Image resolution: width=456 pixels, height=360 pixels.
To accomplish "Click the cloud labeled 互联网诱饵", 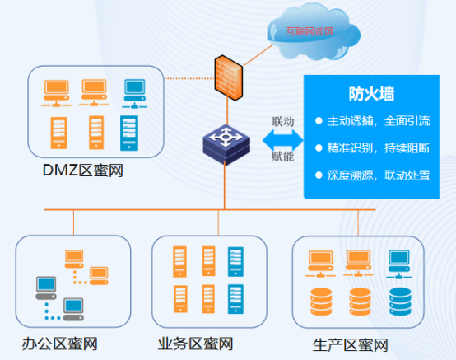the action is [x=314, y=32].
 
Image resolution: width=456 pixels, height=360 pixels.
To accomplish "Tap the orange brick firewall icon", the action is [x=228, y=77].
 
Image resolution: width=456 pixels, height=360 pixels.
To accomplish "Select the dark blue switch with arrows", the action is [x=226, y=144].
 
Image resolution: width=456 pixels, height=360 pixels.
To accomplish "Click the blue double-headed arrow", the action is [x=282, y=140].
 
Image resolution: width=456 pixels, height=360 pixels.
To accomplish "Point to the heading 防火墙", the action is [x=371, y=94].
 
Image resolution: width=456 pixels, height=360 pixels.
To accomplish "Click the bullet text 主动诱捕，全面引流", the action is [x=379, y=121].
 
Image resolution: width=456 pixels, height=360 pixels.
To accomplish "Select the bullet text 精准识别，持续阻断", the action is [x=379, y=148].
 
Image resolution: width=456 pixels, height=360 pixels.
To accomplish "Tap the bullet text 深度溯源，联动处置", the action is [x=379, y=175].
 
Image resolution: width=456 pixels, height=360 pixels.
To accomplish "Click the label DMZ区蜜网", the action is [x=83, y=171].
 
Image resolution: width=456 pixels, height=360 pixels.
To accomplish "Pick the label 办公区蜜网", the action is [x=59, y=344].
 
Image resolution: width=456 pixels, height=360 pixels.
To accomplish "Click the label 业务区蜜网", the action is [x=195, y=344].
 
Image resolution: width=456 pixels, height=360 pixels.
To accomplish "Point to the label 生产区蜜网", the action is [x=351, y=345].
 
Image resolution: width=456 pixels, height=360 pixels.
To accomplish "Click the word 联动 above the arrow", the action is [x=283, y=121].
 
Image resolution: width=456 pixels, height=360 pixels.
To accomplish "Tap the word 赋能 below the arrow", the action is [x=282, y=157].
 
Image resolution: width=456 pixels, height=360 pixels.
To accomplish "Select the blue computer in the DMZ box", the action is [x=135, y=94].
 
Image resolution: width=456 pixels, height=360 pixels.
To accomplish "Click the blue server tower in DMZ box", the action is [x=129, y=133].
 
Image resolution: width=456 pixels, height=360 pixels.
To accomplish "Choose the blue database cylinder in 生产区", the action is [x=400, y=302].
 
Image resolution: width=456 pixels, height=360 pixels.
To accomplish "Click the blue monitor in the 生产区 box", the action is [x=399, y=264].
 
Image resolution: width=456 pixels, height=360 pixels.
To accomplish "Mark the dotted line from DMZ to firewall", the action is [x=189, y=78].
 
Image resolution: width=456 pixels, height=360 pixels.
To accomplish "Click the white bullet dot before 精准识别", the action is [x=319, y=148].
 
